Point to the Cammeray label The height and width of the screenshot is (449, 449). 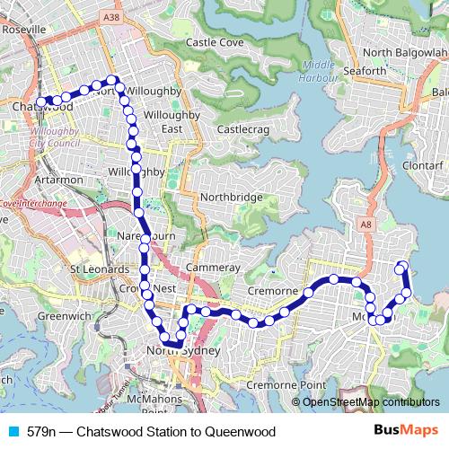coord(213,268)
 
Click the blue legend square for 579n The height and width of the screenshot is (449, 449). coord(11,430)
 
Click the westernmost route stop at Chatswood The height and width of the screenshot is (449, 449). coord(41,101)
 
